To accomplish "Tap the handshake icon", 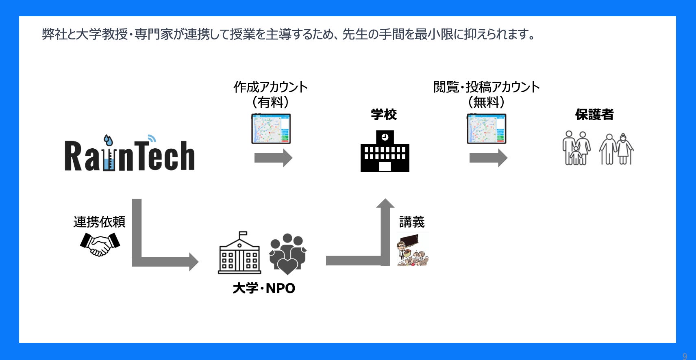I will [x=100, y=244].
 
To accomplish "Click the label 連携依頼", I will [x=99, y=222].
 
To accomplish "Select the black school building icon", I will [x=385, y=151].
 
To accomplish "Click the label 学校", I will [x=383, y=115].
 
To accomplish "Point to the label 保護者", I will [x=594, y=115].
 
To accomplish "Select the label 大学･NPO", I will [x=264, y=288].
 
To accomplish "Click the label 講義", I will [x=412, y=222].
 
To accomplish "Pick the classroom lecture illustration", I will [x=413, y=250].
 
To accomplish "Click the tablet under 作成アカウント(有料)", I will [x=271, y=129].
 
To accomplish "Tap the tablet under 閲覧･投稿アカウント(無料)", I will [x=486, y=129].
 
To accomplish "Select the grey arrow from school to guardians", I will [x=488, y=158].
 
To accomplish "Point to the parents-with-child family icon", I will [x=576, y=148].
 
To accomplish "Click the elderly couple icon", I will [x=616, y=149].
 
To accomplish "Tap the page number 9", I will [x=685, y=356].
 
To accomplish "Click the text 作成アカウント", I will [x=270, y=87].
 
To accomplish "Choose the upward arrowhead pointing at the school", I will [x=385, y=203].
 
